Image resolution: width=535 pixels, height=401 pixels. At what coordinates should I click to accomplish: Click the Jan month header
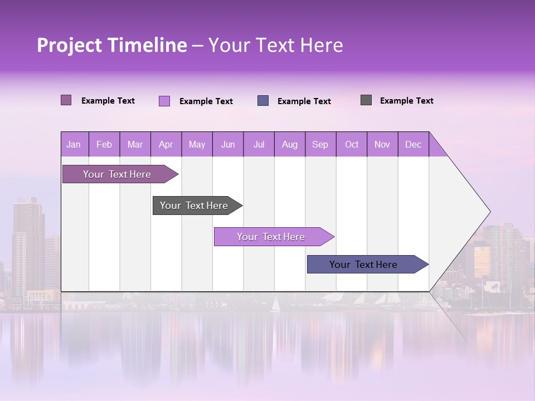pos(74,145)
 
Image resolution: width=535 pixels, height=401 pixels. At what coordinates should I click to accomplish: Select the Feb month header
pos(104,145)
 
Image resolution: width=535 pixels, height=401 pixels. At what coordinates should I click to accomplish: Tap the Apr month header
pos(166,145)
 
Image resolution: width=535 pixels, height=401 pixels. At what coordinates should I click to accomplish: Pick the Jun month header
pos(228,145)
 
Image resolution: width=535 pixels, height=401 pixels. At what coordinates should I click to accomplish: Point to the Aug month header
pos(289,145)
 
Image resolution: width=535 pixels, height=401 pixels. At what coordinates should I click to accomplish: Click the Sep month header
pos(320,145)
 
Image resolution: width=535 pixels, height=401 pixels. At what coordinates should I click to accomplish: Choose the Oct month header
pos(352,145)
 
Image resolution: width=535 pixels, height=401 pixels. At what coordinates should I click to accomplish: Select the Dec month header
pos(413,145)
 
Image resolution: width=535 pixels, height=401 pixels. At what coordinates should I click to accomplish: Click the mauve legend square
pos(66,100)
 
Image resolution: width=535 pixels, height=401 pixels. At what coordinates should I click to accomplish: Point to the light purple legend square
pos(164,101)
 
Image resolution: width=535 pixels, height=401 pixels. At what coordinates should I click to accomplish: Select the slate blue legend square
pos(263,101)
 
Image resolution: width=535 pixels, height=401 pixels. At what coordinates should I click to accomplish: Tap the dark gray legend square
pos(366,100)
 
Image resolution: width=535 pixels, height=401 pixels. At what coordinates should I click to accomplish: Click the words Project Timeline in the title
pos(112,45)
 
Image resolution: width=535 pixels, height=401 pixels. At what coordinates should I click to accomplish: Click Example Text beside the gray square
pos(406,101)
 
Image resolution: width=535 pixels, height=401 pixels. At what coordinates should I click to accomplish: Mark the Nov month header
pos(382,145)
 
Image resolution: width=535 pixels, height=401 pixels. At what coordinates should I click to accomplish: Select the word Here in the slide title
pos(322,45)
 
